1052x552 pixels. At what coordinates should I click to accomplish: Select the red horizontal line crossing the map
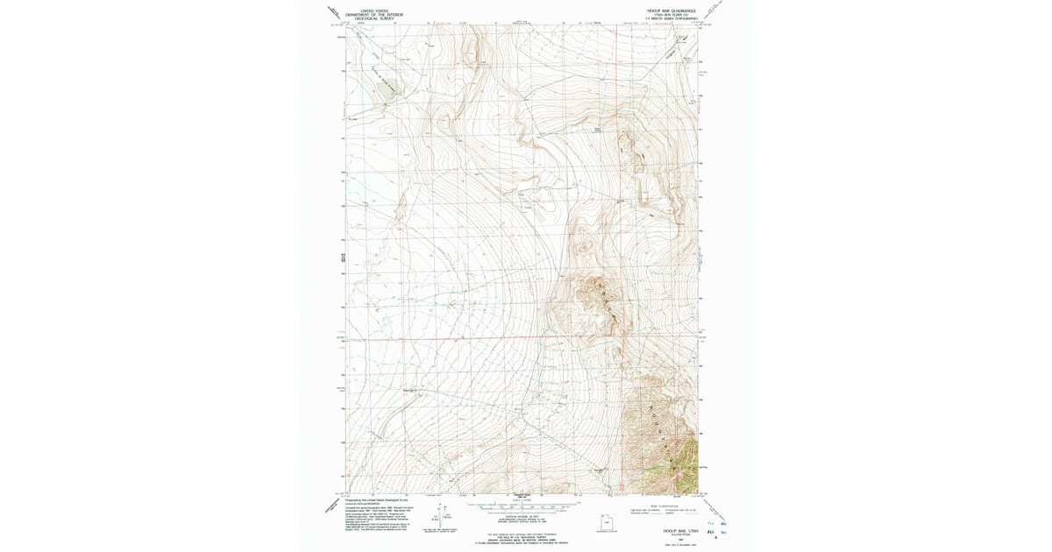click(491, 335)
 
